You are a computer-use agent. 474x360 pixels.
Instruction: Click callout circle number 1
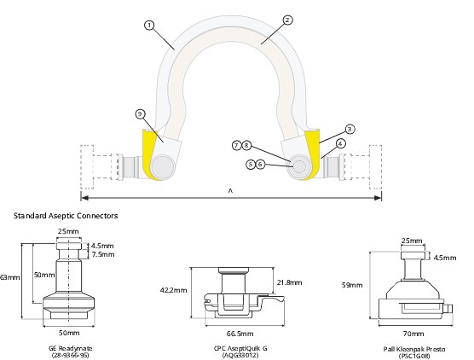pos(149,26)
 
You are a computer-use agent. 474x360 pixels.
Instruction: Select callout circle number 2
pos(287,20)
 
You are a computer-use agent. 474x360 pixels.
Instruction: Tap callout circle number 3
pos(350,129)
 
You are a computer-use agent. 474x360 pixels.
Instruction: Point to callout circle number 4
pos(340,143)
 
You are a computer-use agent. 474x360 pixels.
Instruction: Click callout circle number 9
pos(140,113)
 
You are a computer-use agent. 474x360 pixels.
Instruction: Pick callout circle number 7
pos(237,146)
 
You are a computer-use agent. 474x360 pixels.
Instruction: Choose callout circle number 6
pos(260,165)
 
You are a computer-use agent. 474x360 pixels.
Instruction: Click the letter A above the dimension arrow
pos(231,191)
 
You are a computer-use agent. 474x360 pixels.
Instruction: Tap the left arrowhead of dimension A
pos(85,198)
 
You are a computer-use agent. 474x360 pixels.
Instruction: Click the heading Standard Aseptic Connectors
pos(66,216)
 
